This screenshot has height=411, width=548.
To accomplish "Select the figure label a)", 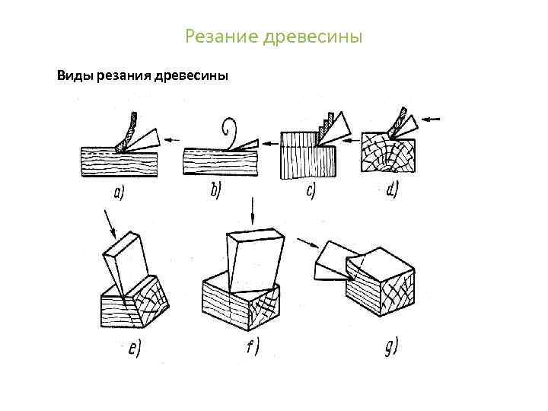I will (x=119, y=193).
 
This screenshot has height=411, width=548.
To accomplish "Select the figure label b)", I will (x=215, y=192).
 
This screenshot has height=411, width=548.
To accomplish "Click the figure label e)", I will (x=134, y=349).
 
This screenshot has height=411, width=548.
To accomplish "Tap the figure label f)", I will (x=252, y=348).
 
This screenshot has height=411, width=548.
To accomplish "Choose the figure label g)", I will (x=389, y=349).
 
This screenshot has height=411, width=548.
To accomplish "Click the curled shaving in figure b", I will (x=228, y=130).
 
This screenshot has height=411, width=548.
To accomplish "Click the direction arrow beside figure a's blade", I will (x=175, y=139).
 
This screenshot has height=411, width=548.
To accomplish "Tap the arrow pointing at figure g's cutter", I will (x=307, y=242).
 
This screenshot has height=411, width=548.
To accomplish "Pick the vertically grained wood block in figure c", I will (x=308, y=159).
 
